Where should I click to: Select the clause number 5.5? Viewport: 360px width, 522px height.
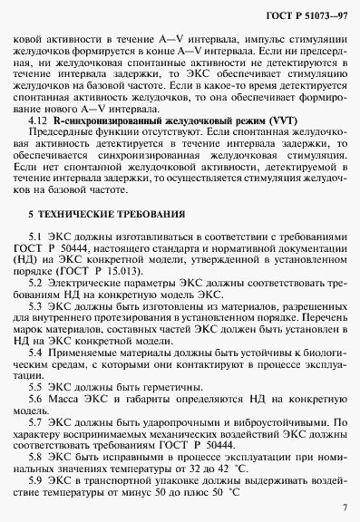coord(38,385)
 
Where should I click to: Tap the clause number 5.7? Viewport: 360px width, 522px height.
coord(38,422)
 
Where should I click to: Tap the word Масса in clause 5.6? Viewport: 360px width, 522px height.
coord(67,398)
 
